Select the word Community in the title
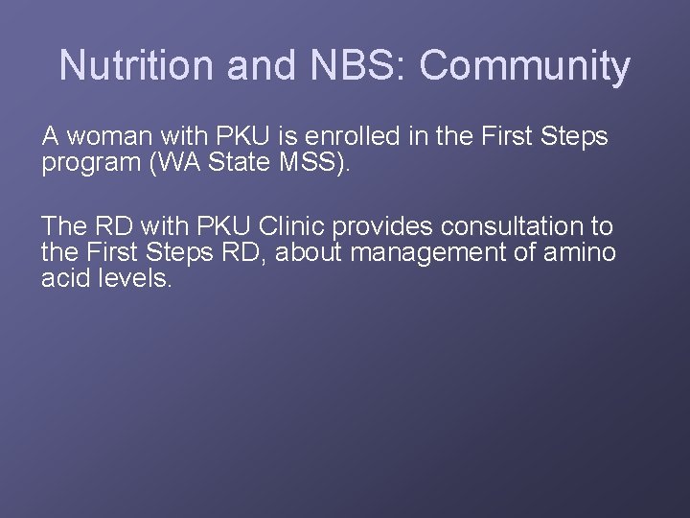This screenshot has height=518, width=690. tap(524, 65)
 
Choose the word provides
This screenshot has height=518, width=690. tap(382, 226)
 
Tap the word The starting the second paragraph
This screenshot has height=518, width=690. tap(64, 226)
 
